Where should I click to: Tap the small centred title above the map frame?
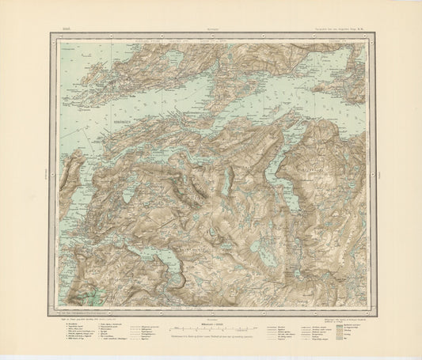click(212, 27)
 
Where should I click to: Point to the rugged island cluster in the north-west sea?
click(103, 75)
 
